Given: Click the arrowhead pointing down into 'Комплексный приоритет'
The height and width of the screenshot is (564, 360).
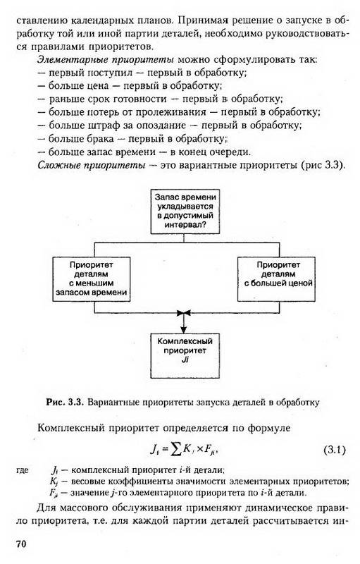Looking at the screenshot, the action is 184,330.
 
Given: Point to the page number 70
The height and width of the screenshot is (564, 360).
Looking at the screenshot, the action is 21,544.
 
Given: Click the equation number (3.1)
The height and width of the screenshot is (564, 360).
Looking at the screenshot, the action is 334,450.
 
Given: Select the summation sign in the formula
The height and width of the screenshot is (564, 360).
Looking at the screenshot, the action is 175,450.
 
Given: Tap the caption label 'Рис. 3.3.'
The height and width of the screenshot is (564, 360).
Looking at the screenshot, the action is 65,402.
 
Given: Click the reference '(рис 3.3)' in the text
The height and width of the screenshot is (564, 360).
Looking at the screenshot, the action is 323,166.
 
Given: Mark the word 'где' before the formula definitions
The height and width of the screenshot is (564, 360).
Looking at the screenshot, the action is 23,471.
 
